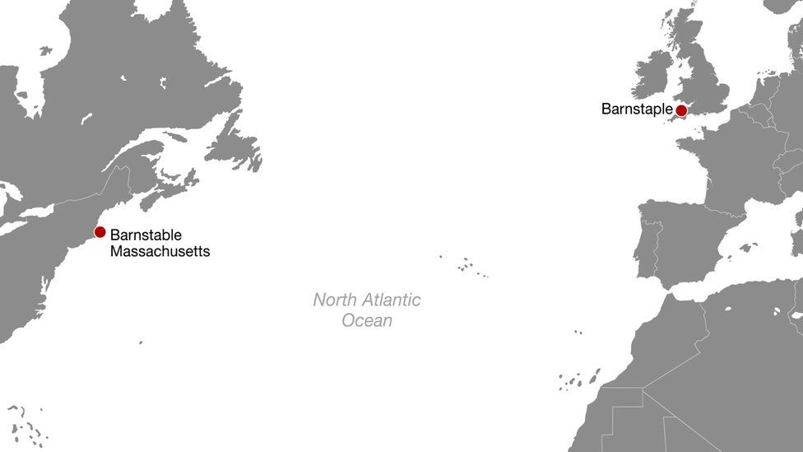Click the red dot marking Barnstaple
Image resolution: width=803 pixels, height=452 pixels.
click(x=681, y=110)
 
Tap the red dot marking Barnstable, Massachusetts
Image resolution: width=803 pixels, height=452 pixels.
click(x=100, y=232)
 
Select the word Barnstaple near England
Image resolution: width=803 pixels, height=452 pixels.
click(x=636, y=109)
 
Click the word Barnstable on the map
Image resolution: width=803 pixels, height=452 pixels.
click(x=146, y=235)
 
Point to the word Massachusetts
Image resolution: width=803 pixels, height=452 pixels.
click(x=160, y=251)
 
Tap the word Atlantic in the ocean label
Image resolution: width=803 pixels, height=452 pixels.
click(x=392, y=300)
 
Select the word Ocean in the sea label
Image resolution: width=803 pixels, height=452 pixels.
click(x=367, y=320)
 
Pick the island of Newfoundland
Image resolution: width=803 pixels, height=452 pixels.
click(x=233, y=148)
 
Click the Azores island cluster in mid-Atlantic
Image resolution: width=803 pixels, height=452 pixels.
click(x=467, y=265)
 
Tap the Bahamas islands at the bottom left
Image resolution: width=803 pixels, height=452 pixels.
click(x=29, y=424)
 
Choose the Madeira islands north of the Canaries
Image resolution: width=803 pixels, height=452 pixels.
click(x=578, y=333)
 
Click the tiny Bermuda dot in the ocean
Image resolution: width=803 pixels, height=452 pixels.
click(x=141, y=342)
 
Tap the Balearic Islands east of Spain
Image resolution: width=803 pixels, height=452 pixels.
click(x=747, y=247)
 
